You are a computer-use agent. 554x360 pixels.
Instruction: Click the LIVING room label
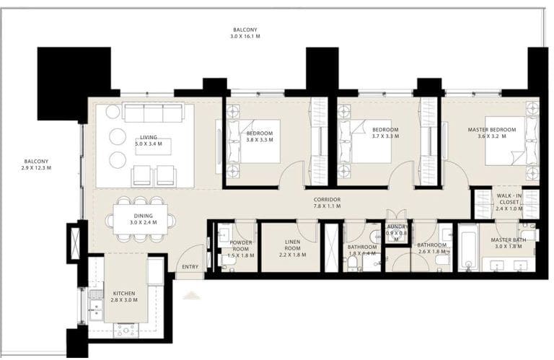tap(149, 137)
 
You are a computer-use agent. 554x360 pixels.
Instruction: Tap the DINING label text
tap(143, 215)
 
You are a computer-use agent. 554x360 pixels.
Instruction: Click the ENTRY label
tap(190, 266)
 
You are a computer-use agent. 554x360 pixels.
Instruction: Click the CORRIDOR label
tap(327, 200)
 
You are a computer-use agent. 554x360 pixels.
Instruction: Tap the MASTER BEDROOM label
tap(491, 129)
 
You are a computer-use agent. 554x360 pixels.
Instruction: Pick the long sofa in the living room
tap(153, 113)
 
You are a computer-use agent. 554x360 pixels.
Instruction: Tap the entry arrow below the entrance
tap(190, 294)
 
